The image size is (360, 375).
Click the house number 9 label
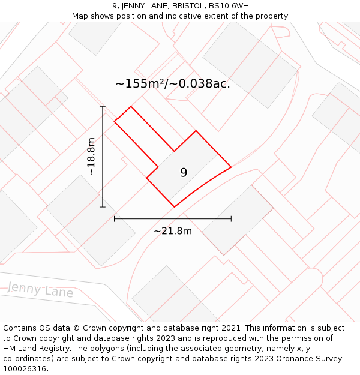184,173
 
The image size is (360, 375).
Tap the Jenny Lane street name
40,290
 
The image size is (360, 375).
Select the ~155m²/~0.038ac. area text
173,84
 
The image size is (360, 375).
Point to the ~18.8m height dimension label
91,157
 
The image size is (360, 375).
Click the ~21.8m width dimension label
173,231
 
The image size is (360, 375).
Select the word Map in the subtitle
80,16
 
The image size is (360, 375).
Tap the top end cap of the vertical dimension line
103,107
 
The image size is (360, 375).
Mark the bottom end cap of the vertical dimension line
103,207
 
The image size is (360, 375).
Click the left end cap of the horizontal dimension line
115,219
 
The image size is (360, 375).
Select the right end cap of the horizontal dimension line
231,219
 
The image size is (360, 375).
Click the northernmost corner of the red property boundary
131,107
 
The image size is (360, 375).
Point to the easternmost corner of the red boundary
231,167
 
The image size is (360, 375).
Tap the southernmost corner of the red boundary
175,207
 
